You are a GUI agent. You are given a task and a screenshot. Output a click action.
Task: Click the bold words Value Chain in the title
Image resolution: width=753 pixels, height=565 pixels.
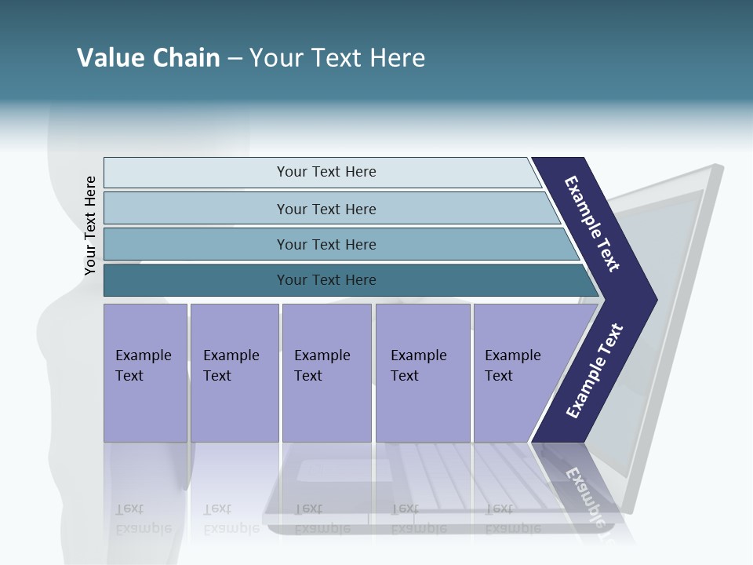coord(148,58)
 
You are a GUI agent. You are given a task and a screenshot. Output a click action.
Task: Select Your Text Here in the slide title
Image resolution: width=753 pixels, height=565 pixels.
coord(337,58)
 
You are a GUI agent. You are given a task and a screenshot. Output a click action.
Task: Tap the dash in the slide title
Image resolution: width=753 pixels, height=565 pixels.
coord(235,59)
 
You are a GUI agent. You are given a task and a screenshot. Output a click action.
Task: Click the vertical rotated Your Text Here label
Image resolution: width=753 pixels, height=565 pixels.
coord(90,225)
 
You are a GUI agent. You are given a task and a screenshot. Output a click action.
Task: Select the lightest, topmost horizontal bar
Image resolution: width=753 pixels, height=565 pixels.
coord(326,172)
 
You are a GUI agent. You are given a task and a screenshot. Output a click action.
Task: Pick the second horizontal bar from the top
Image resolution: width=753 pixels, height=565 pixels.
coord(326,209)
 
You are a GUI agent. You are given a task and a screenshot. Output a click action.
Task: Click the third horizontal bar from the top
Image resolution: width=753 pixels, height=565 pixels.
coord(326,244)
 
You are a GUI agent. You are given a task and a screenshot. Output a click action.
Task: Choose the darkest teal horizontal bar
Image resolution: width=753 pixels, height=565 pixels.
coord(326,280)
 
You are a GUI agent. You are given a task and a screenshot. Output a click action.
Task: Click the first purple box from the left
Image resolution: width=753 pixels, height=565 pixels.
coord(145,373)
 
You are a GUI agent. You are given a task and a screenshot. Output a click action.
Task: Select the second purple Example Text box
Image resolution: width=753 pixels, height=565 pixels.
coord(234,373)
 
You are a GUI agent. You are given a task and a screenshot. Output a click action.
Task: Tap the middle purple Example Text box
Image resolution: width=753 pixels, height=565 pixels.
coord(326,373)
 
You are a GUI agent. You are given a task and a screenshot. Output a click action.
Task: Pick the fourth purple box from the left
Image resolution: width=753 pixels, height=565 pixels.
coord(422,373)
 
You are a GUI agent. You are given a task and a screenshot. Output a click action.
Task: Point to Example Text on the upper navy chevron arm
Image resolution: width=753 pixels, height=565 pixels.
coord(593,224)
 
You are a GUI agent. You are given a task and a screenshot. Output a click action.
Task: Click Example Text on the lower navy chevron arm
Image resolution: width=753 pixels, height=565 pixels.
coord(594,371)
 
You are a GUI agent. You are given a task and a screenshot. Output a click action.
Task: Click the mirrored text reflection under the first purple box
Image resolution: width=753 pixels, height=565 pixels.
coord(143,519)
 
